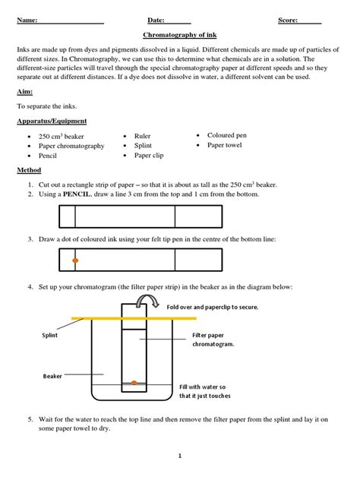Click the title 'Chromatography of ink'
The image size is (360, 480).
point(180,35)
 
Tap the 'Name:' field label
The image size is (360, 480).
point(27,21)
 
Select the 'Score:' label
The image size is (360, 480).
point(288,21)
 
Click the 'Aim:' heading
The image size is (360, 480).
point(25,92)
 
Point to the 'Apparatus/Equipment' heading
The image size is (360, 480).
point(52,121)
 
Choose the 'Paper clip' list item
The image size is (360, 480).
point(149,156)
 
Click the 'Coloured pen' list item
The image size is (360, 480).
point(227,135)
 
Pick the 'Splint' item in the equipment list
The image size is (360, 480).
point(143,145)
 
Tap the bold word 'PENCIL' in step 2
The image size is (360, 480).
point(77,194)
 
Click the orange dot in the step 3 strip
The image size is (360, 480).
point(75,261)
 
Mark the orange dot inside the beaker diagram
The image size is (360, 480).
point(134,383)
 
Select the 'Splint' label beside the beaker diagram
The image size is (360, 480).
point(49,335)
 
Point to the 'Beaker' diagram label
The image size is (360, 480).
point(52,376)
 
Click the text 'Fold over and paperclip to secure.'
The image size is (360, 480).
point(213,307)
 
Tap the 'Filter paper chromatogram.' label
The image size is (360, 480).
point(213,339)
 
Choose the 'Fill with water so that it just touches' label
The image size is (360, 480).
point(205,391)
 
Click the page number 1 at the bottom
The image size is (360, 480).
point(180,456)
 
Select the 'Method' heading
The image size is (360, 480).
point(29,170)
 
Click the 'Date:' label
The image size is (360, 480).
point(156,21)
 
